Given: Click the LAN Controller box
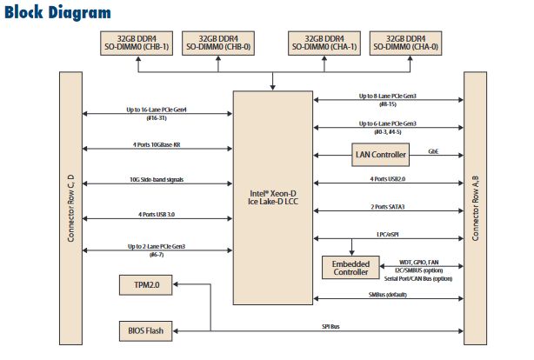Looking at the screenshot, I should pos(381,155).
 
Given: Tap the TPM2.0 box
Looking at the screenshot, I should pos(146,284).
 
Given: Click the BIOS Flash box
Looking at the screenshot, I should pos(146,330).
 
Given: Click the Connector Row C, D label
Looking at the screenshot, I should pos(70,207).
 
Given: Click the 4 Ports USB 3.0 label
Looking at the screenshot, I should pos(157,214).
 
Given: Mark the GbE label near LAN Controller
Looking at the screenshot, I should pos(432,151).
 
